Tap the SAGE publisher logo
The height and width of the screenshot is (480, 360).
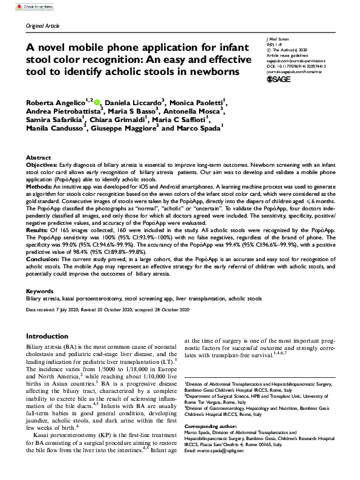279,79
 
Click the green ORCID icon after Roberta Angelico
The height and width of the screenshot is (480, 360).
97,103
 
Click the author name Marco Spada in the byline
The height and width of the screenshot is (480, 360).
200,128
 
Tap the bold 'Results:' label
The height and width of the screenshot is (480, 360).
38,230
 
